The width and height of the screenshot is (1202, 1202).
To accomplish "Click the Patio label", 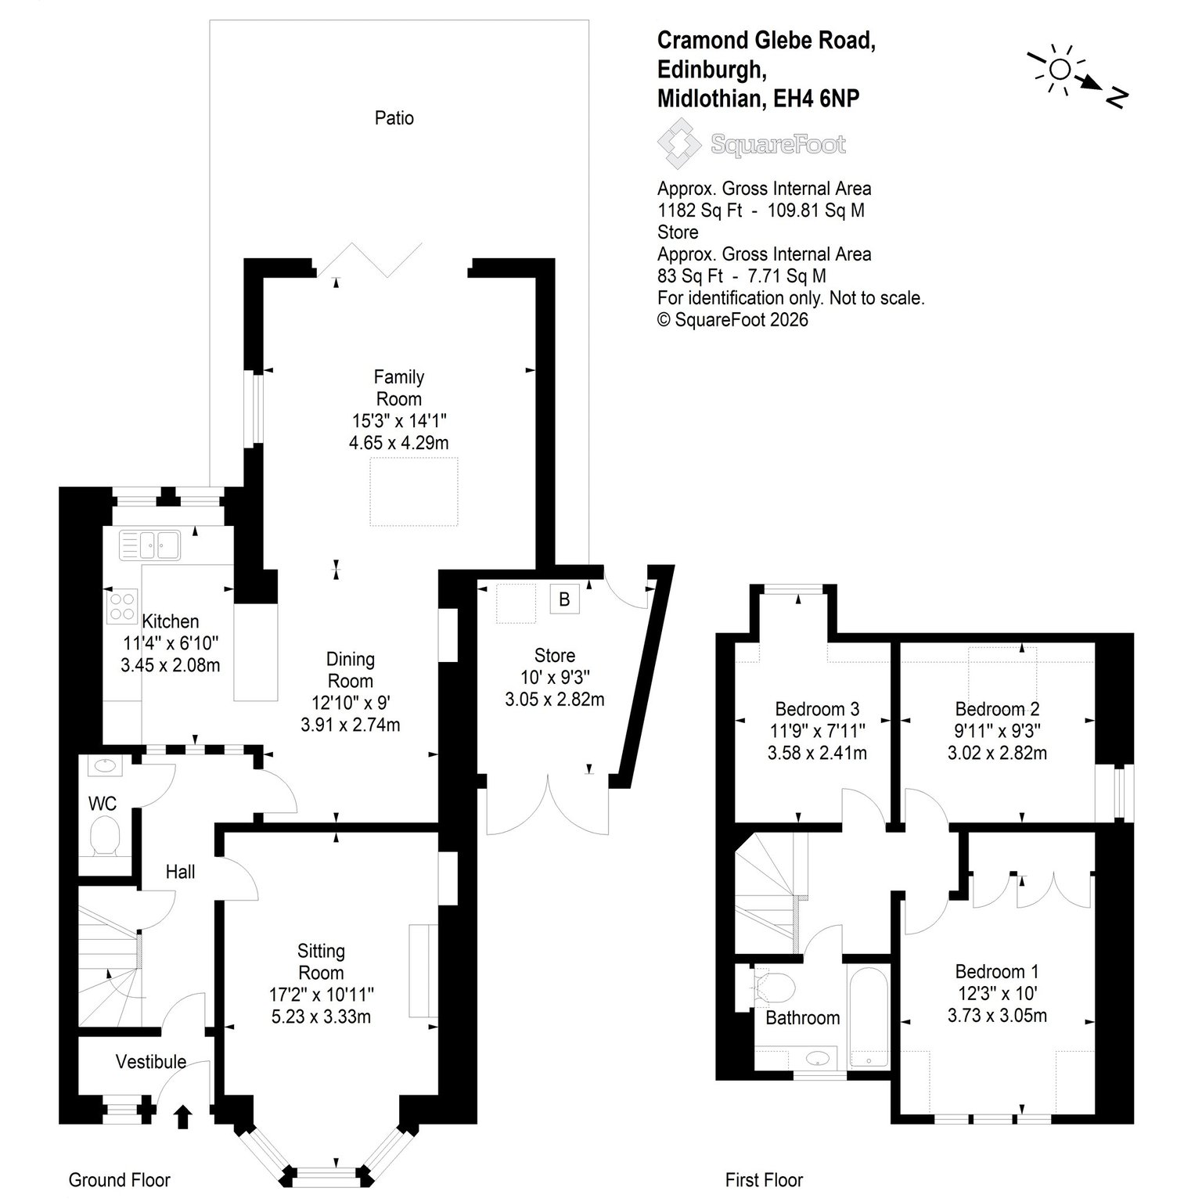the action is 394,118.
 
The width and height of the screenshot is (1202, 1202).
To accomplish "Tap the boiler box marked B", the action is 564,600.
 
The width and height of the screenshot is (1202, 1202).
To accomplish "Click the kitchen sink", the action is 149,545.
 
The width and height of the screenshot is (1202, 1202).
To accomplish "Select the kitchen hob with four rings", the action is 121,605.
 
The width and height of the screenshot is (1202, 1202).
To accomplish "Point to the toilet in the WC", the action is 105,836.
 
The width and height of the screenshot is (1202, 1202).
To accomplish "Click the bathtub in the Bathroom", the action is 869,1015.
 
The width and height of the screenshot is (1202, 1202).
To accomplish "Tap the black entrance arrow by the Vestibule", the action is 183,1117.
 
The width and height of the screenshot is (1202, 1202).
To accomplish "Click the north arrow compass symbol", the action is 1079,77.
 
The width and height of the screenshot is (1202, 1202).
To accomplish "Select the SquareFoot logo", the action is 752,144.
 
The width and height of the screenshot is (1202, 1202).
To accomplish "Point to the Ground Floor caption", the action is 119,1180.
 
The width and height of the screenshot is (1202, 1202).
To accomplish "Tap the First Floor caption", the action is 764,1180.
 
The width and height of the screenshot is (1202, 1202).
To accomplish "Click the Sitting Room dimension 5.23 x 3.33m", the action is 321,1017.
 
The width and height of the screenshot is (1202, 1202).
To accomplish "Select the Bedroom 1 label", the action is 997,971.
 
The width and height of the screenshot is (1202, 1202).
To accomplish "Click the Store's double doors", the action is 548,806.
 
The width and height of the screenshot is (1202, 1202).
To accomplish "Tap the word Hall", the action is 180,872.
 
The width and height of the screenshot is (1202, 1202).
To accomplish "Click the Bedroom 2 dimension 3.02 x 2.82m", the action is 997,753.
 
